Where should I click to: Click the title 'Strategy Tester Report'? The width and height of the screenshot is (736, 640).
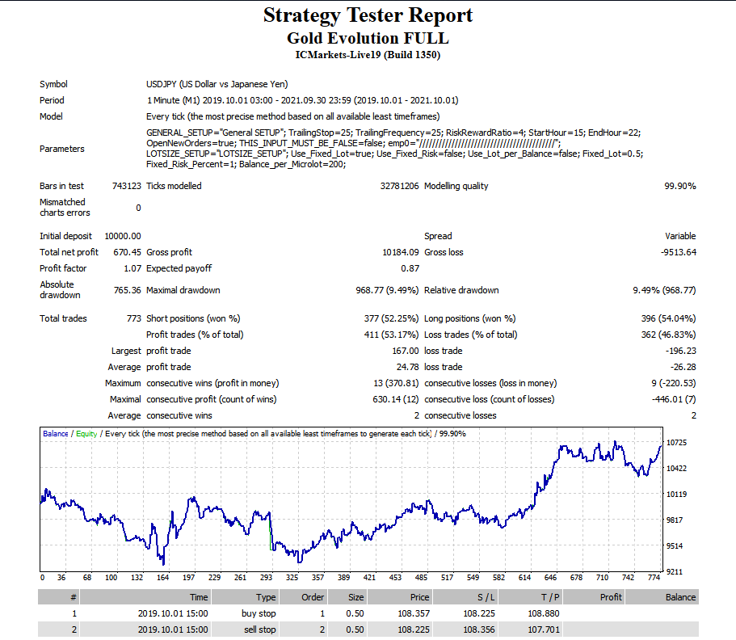pos(368,15)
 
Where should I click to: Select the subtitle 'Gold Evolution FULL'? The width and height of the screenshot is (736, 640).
pos(368,38)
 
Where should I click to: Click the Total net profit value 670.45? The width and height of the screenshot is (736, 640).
pos(124,252)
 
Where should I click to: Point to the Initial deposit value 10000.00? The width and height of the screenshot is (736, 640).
pos(123,236)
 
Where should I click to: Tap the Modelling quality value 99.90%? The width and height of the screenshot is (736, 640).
pos(679,186)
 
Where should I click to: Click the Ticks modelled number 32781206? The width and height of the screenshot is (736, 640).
pos(399,186)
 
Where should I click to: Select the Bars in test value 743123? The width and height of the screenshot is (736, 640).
pos(125,186)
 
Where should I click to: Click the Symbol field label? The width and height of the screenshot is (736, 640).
pos(53,84)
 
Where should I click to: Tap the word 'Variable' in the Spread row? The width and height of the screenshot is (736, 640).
pos(679,236)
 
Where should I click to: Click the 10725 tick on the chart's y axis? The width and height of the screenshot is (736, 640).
pos(677,443)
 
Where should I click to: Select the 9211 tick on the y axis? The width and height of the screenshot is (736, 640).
pos(675,571)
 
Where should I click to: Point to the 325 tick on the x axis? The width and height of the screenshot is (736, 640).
pos(292,578)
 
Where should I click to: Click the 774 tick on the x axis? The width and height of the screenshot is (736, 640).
pos(654,578)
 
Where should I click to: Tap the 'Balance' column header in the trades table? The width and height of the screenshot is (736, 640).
pos(679,597)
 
